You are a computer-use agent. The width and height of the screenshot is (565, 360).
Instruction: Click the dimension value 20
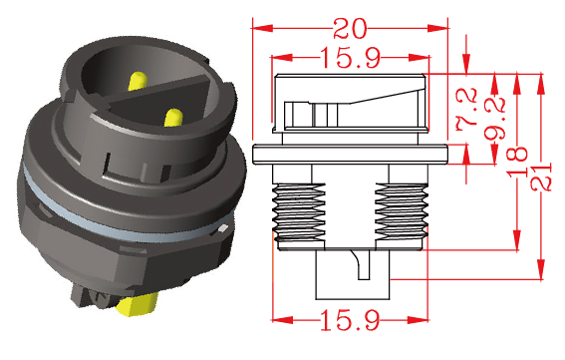pos(350,29)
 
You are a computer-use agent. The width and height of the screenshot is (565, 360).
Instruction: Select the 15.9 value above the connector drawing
pos(350,58)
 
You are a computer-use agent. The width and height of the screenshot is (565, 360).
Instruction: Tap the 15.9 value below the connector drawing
pos(350,319)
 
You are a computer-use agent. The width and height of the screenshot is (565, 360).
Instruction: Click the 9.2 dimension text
pos(494,119)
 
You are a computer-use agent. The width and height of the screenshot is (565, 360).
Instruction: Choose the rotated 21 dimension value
pos(541,177)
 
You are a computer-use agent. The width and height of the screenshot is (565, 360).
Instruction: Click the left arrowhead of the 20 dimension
pos(262,28)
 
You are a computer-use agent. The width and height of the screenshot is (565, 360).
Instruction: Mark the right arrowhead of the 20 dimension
pos(437,28)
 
